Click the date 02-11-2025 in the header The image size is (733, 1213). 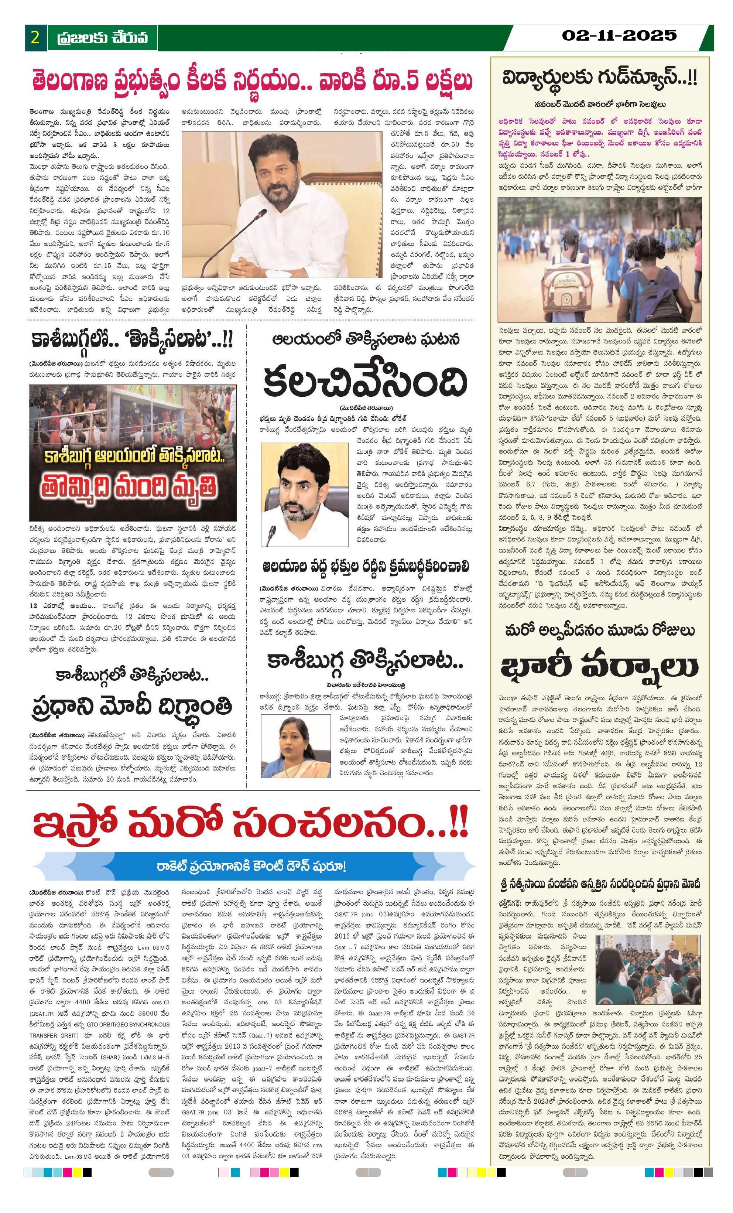619,35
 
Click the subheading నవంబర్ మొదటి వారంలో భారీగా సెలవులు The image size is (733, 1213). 600,105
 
